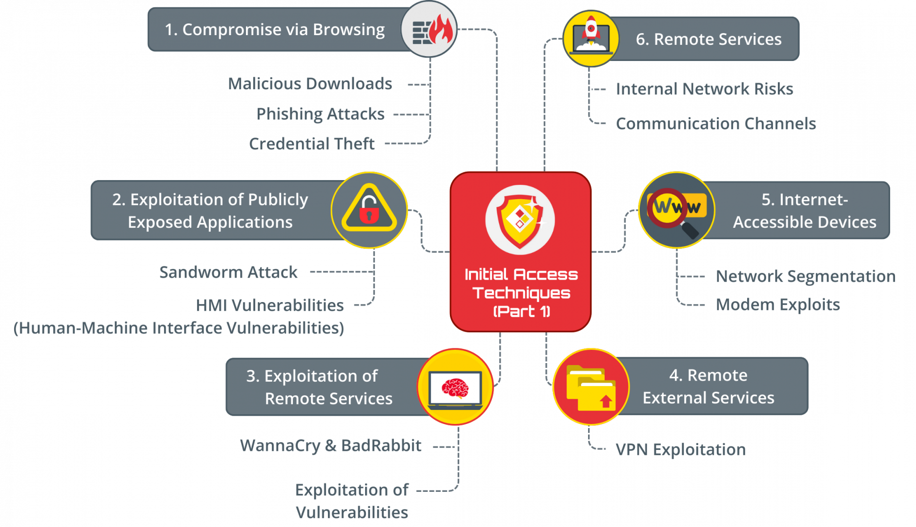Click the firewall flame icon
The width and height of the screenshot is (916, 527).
tap(429, 30)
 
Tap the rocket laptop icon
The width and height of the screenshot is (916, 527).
tap(591, 38)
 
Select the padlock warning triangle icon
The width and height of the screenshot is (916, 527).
tap(369, 210)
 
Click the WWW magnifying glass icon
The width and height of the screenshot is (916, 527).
tap(676, 210)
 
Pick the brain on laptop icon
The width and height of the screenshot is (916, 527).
tap(455, 387)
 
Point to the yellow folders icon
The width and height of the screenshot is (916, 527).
tap(591, 387)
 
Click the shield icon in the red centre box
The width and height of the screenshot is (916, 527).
tap(520, 220)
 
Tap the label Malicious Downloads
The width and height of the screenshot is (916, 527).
tap(310, 84)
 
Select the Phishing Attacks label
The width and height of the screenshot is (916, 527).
tap(321, 114)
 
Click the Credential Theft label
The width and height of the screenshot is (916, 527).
tap(312, 144)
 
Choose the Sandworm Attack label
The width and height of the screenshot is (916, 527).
tap(228, 272)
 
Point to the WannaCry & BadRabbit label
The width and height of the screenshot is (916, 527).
tap(330, 446)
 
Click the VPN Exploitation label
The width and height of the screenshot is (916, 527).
tap(680, 449)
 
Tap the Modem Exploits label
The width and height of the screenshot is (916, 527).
tap(777, 305)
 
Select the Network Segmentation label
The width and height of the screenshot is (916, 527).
tap(805, 276)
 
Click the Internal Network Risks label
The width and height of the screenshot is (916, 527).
tap(704, 89)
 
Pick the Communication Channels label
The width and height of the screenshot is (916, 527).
tap(715, 124)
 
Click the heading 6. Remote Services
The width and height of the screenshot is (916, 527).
tap(708, 39)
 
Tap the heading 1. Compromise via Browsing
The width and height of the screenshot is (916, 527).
tap(275, 30)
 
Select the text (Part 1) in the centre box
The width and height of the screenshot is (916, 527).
tap(521, 311)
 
